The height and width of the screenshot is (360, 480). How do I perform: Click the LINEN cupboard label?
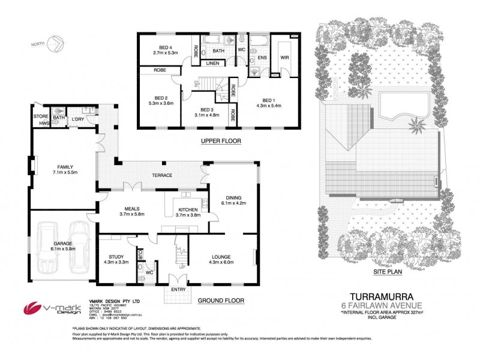212,62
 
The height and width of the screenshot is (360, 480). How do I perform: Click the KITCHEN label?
187,208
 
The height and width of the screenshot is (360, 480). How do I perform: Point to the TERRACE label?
161,175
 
